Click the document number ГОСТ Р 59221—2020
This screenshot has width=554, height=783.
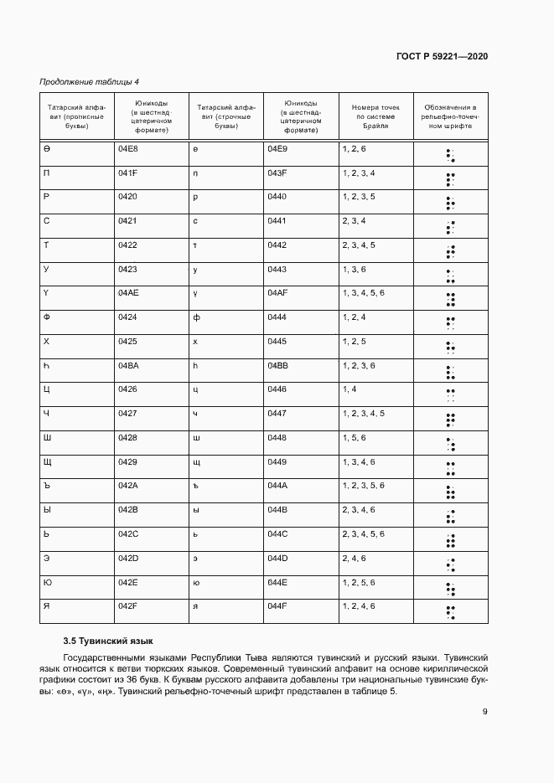pos(443,56)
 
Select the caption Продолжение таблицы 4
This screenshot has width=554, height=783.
pos(90,81)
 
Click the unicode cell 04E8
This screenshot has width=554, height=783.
pos(127,148)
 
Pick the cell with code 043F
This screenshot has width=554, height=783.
pos(277,173)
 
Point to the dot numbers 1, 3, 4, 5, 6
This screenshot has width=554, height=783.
pos(364,293)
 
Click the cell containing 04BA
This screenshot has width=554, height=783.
pos(127,366)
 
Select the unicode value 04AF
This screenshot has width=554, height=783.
pos(277,293)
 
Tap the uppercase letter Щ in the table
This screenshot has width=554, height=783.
pos(47,462)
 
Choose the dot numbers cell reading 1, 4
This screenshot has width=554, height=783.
pos(349,389)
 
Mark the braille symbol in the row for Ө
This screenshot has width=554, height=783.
pos(450,155)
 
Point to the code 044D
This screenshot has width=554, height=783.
pos(277,558)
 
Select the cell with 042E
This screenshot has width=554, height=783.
pos(127,582)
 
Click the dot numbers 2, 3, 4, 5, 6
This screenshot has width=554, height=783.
pos(364,534)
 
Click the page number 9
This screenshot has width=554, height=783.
pos(485,713)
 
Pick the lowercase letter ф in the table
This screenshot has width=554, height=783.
pos(195,317)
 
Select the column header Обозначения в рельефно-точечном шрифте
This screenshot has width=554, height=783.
pos(450,116)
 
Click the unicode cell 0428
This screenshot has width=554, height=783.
pos(127,438)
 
